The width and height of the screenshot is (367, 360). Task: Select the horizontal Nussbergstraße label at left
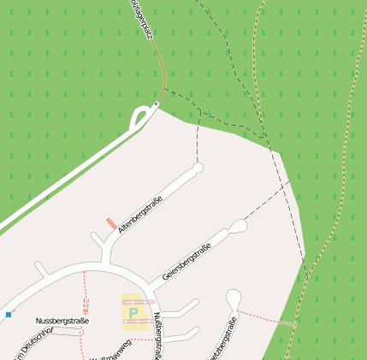point(62,321)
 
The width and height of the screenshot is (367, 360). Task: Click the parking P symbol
point(133,314)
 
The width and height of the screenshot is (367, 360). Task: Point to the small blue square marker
point(9,315)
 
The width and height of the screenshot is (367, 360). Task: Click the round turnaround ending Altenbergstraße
point(198,168)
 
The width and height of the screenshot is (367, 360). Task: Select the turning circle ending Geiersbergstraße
point(239,226)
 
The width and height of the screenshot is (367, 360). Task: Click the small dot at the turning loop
point(156,105)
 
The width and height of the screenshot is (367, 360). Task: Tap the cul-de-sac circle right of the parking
point(234,297)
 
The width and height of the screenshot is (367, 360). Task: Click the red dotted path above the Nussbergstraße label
point(85,291)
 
